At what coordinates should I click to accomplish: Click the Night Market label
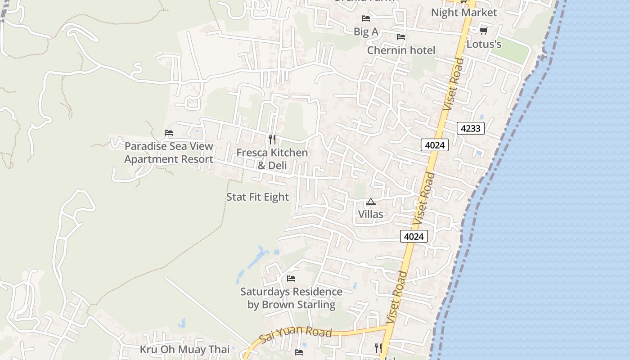464,13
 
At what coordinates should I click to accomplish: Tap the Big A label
366,31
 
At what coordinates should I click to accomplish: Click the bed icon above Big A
366,18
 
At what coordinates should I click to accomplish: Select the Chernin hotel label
401,50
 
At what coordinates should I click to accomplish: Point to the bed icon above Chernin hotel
400,37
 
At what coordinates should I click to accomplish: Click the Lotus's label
484,44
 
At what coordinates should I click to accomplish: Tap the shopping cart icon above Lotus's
483,31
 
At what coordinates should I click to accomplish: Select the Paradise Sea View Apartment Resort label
169,153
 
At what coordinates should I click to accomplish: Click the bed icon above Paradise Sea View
169,133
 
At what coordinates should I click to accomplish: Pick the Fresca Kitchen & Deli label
272,159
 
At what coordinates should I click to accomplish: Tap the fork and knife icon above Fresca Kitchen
272,139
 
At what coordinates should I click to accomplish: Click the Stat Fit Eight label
257,197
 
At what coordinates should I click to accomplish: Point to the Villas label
371,214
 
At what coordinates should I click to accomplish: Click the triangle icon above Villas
370,202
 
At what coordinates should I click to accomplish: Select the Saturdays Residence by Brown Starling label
291,298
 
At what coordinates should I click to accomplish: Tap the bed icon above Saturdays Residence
291,279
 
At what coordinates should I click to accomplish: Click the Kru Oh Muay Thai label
184,349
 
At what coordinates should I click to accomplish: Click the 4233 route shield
471,128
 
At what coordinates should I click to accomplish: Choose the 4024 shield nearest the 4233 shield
435,145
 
